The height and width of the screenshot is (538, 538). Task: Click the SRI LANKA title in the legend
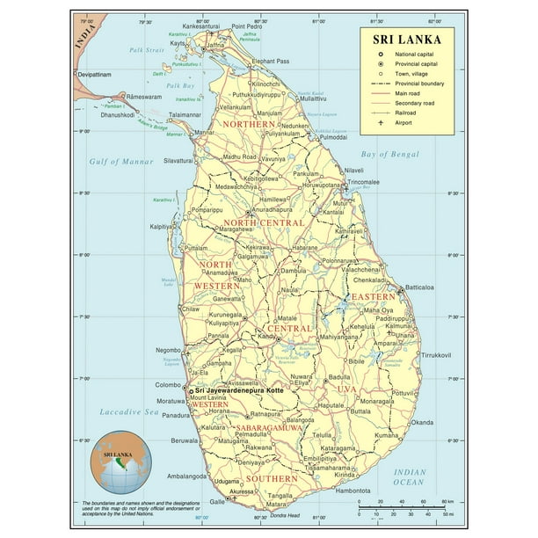[x=406, y=39]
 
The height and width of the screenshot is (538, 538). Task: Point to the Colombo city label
[x=170, y=383]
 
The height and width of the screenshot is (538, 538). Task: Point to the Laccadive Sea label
[x=127, y=411]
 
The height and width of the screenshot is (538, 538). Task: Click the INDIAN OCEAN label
[x=408, y=476]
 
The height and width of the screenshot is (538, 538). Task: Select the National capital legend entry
[x=409, y=54]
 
